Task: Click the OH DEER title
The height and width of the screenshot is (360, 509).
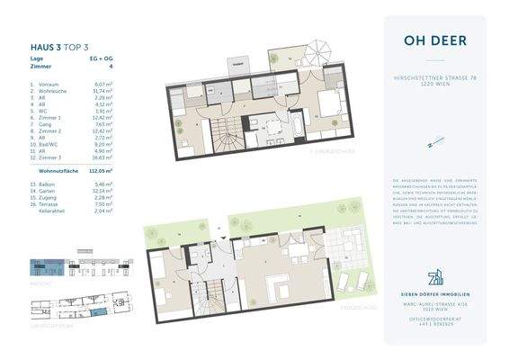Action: click(434, 39)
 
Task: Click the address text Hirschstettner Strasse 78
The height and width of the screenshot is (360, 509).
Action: click(434, 80)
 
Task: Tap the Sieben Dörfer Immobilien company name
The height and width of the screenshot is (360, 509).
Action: click(434, 294)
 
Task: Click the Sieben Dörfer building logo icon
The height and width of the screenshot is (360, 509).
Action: click(434, 274)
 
